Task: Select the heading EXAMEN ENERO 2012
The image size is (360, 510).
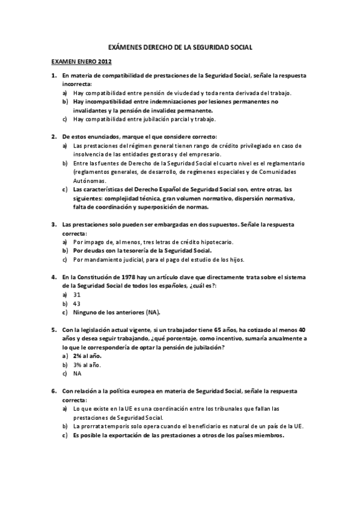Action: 82,61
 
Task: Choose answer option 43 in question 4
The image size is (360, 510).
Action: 77,304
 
